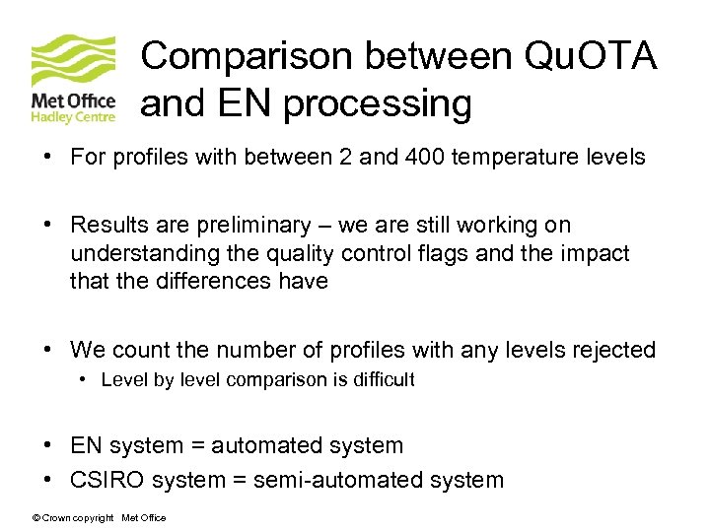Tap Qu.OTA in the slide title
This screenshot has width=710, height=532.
pos(592,56)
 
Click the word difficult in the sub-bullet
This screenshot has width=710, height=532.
pos(377,379)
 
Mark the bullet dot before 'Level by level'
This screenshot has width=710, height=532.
pos(87,379)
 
